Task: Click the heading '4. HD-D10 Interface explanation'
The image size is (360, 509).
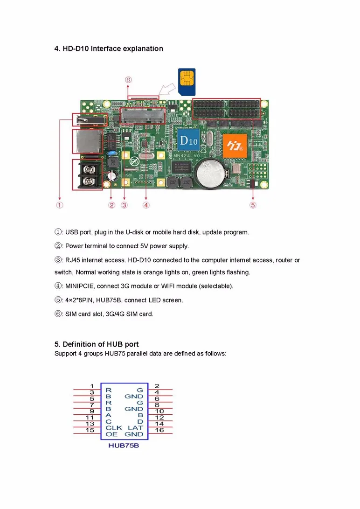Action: [109, 49]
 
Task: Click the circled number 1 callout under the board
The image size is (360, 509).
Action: [60, 205]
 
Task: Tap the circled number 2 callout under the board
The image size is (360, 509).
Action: [111, 205]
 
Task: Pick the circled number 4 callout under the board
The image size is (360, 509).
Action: [146, 205]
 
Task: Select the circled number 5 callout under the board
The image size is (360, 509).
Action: [253, 205]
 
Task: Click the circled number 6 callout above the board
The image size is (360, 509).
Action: [128, 80]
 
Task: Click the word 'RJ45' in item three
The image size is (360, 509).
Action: [73, 260]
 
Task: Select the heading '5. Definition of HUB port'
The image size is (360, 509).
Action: [97, 344]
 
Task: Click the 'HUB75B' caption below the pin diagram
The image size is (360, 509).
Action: [124, 445]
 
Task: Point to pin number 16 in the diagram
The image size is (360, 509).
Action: [159, 430]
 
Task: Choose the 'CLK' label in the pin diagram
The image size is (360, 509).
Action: [114, 427]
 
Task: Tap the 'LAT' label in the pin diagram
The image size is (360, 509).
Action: [135, 427]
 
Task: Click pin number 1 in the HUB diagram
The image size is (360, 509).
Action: [92, 386]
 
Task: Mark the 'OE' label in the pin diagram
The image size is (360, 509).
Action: [111, 434]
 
